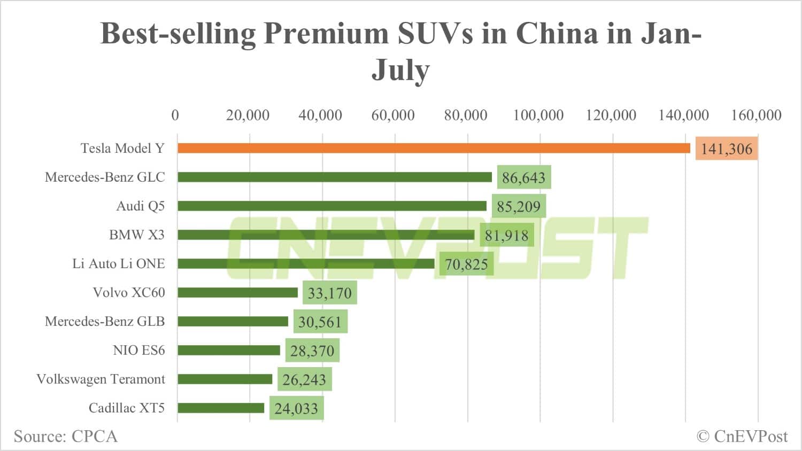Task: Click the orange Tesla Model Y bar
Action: (x=434, y=148)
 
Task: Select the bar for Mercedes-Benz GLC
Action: (x=335, y=177)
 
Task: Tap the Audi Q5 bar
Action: (x=332, y=206)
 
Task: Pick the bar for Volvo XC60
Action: (x=237, y=292)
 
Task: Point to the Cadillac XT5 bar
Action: (x=221, y=408)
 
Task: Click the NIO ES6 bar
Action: (x=229, y=350)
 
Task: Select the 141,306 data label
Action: (x=726, y=149)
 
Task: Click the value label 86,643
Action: (x=523, y=177)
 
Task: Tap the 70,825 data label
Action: (x=466, y=264)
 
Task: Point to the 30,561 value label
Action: (x=319, y=322)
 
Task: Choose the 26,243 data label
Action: (x=304, y=379)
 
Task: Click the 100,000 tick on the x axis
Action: (x=538, y=115)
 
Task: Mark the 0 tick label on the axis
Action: (x=175, y=115)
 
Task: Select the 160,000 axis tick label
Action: (x=756, y=115)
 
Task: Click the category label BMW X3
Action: (x=137, y=235)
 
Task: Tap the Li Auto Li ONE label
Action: (x=119, y=263)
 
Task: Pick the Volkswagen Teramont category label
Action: (x=101, y=379)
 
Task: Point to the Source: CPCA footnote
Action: (x=65, y=437)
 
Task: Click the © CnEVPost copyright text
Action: (x=742, y=437)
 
